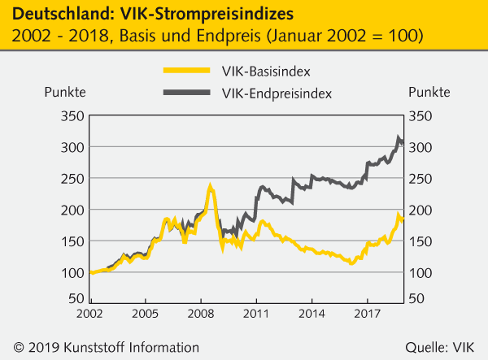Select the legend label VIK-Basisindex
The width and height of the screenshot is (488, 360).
(x=259, y=71)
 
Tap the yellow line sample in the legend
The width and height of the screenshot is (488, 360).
(x=187, y=71)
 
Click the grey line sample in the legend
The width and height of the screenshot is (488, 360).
(x=187, y=94)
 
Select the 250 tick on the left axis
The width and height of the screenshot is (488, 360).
(x=70, y=179)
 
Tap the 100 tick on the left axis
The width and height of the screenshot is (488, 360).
(x=70, y=272)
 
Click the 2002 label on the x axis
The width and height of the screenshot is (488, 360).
(x=89, y=313)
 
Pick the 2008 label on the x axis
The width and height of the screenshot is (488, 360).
(x=200, y=313)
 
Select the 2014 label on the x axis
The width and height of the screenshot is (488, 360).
(x=312, y=313)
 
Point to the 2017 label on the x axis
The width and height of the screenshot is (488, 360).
(x=368, y=313)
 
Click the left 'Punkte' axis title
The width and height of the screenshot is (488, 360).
(x=64, y=91)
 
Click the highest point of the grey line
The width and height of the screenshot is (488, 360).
(x=399, y=138)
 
